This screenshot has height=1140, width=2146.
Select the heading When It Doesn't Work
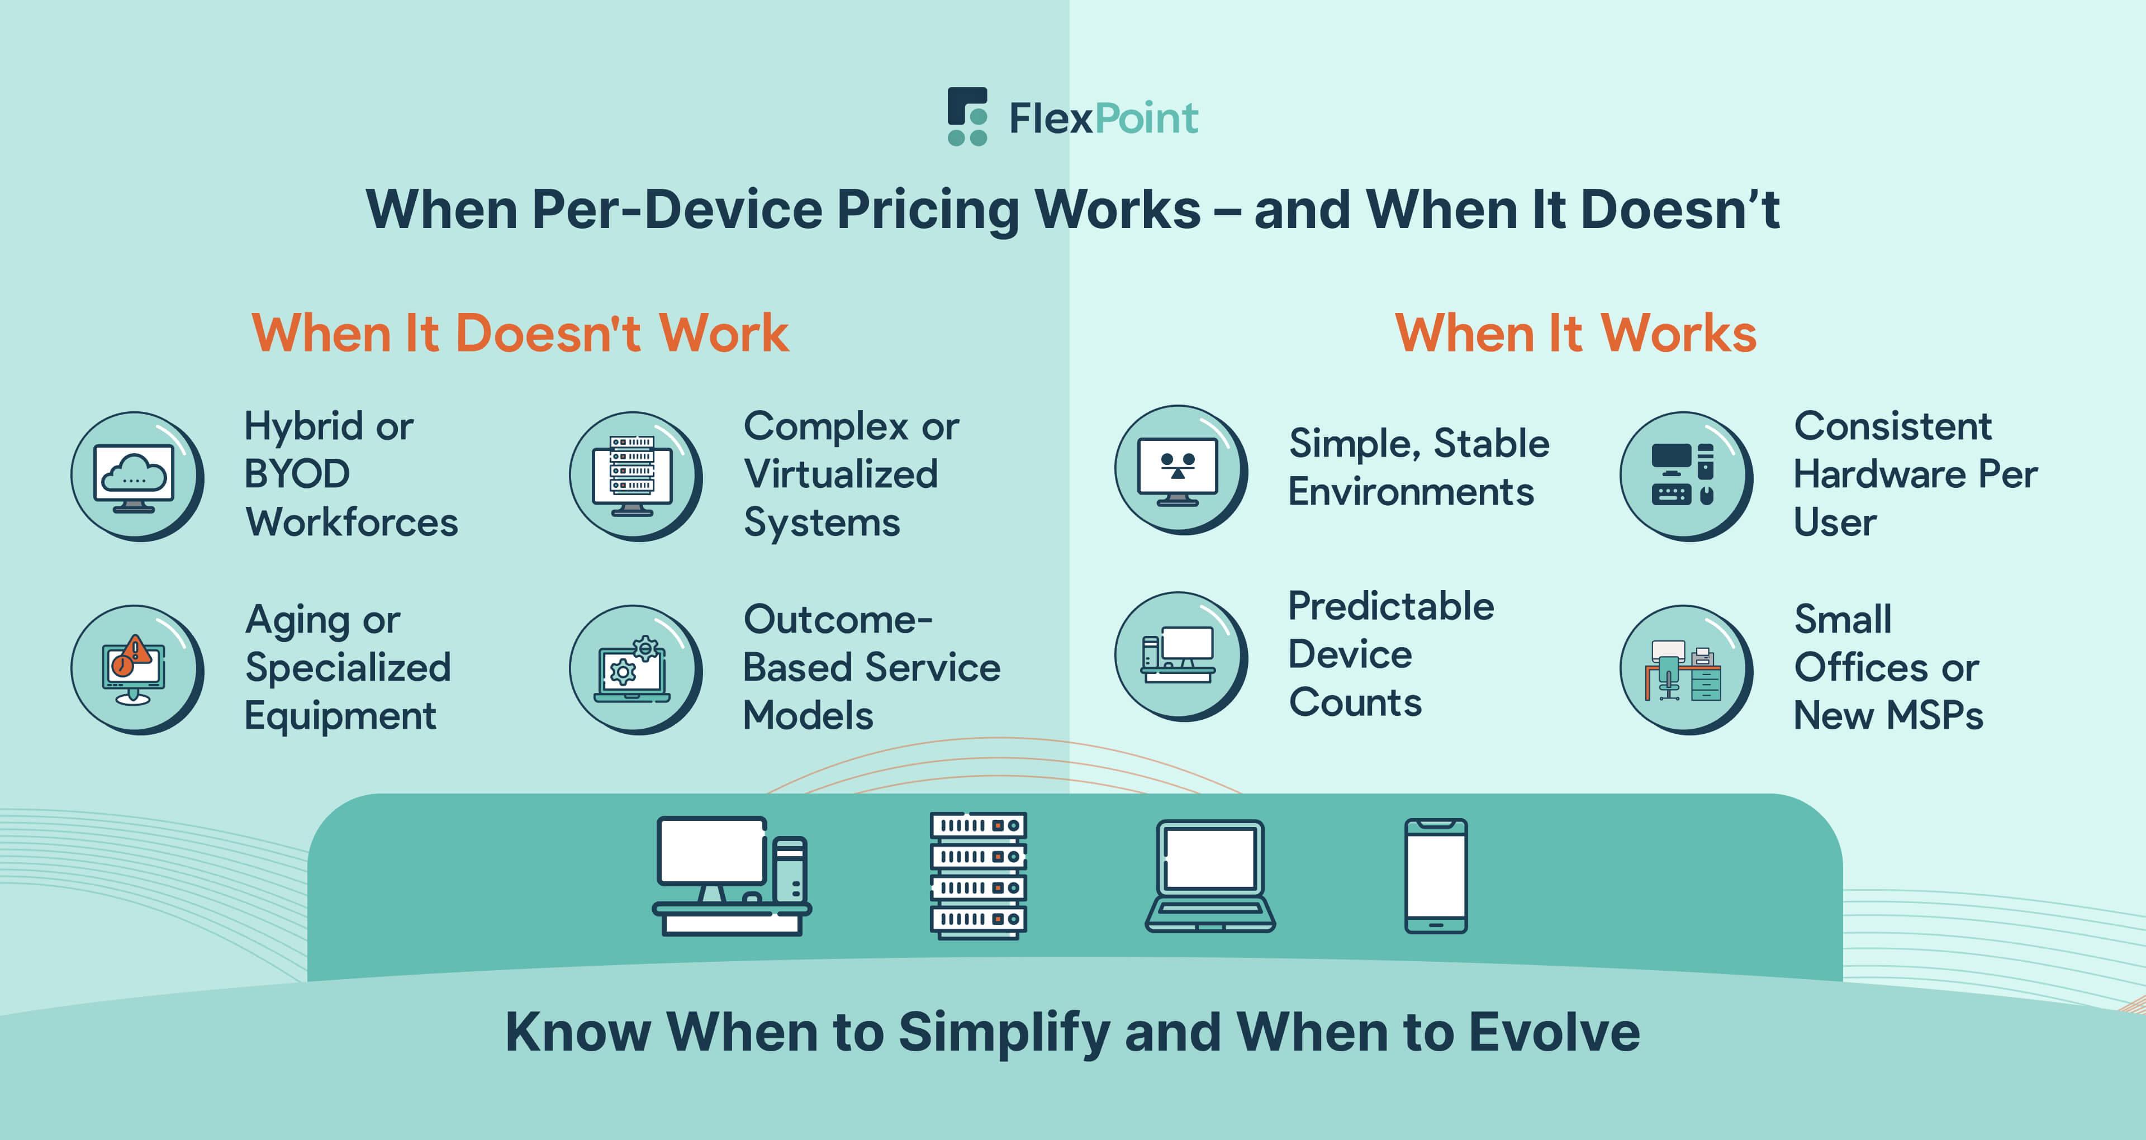(520, 333)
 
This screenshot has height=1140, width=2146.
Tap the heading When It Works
(1575, 333)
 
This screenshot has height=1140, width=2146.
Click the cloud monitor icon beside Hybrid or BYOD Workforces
(136, 477)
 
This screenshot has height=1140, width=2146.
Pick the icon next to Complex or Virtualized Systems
(635, 477)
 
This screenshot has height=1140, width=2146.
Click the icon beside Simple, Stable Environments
(1180, 470)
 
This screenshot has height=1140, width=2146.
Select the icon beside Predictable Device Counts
(1180, 656)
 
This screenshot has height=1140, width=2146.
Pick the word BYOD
(297, 474)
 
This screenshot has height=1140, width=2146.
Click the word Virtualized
(841, 474)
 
